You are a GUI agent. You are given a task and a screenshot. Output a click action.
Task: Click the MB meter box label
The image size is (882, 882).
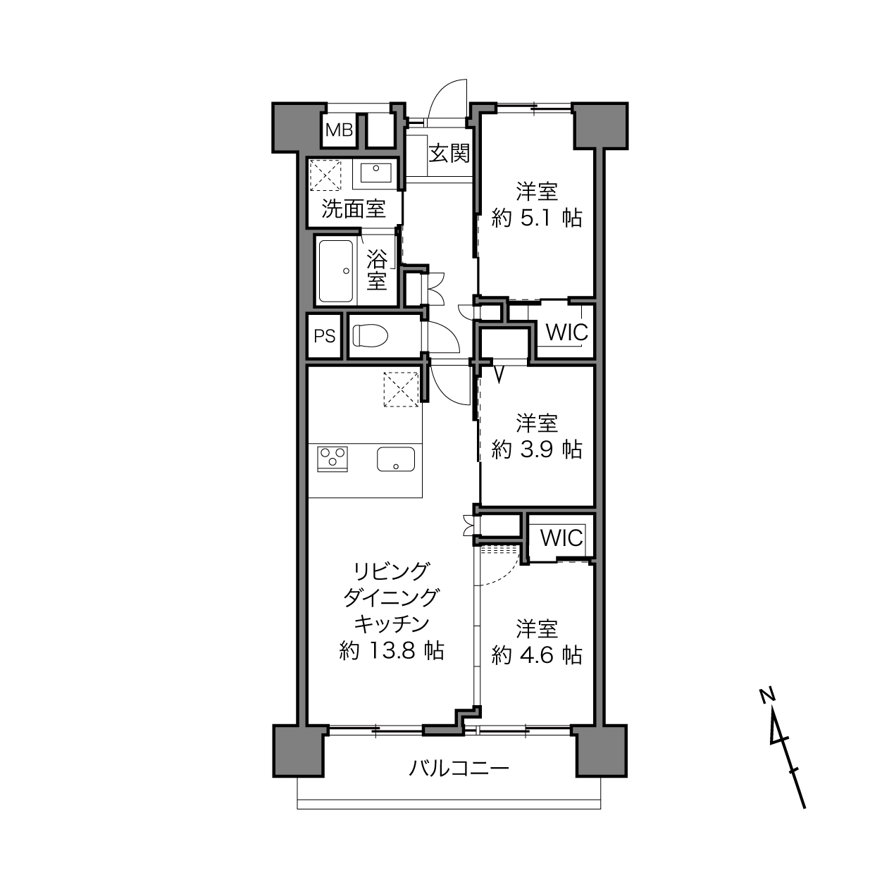(x=339, y=130)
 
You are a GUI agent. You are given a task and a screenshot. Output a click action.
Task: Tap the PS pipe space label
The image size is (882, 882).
(x=324, y=337)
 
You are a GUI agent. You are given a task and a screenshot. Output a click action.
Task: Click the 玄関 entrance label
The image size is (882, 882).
(x=449, y=154)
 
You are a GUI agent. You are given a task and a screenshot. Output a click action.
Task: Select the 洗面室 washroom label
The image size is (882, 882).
(x=354, y=209)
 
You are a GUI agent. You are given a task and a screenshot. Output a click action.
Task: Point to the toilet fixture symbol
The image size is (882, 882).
(x=371, y=335)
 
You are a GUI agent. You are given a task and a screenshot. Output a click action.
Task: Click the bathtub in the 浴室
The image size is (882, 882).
(x=336, y=271)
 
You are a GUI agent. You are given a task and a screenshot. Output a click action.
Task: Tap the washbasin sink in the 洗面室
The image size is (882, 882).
(x=375, y=172)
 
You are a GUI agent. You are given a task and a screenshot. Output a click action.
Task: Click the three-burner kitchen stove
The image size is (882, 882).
(x=333, y=459)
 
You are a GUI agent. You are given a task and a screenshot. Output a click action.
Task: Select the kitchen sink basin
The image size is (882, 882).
(x=396, y=459)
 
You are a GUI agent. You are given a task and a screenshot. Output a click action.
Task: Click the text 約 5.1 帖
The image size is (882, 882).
(x=537, y=218)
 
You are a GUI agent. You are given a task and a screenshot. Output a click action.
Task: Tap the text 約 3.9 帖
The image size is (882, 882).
(x=537, y=450)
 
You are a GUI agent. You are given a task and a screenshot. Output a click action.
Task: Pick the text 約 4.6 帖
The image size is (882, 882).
(x=537, y=655)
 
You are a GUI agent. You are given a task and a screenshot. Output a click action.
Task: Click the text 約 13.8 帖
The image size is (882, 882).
(x=392, y=650)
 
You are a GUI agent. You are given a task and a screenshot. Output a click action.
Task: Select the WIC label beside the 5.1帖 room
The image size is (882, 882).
(x=566, y=333)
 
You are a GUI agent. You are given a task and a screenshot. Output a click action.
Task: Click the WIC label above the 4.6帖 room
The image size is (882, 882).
(x=561, y=538)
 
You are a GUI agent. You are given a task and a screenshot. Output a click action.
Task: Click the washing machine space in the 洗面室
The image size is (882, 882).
(x=325, y=175)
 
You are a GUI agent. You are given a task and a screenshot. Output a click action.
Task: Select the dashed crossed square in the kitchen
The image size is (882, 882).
(x=401, y=390)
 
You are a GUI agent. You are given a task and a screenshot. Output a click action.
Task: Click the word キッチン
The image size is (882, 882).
(x=392, y=624)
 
